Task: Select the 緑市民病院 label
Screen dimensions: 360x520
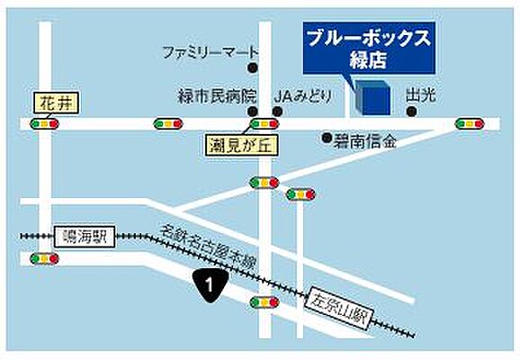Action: pos(216,94)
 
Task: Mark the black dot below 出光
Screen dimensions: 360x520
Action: pos(411,112)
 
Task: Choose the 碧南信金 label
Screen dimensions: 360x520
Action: pos(366,139)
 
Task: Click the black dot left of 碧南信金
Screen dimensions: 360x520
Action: pos(327,139)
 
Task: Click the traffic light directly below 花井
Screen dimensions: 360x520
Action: pos(44,124)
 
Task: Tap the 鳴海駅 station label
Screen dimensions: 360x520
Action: pos(83,237)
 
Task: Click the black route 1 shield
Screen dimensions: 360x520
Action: pos(209,286)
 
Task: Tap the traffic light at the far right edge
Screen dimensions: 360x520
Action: pos(469,124)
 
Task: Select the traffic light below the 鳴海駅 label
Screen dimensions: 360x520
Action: pos(43,258)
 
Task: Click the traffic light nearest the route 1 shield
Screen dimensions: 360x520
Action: pos(264,302)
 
